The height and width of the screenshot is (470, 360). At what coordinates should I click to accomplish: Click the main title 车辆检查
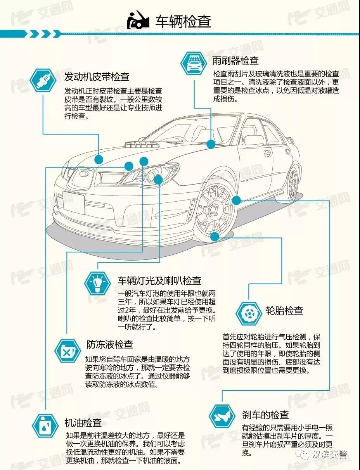[183, 22]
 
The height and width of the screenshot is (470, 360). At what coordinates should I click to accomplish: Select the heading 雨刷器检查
[235, 61]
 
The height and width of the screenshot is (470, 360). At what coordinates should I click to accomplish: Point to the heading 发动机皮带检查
[97, 76]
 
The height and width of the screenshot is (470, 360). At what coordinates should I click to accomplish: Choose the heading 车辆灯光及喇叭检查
[159, 281]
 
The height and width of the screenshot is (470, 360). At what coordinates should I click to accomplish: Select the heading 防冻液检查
[109, 344]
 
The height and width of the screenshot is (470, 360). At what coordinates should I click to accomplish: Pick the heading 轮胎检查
[284, 311]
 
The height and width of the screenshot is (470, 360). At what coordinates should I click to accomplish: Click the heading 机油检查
[83, 422]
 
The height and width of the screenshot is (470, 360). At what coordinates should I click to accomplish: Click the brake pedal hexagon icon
[222, 415]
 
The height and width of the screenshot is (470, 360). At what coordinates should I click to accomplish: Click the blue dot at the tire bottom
[215, 236]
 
